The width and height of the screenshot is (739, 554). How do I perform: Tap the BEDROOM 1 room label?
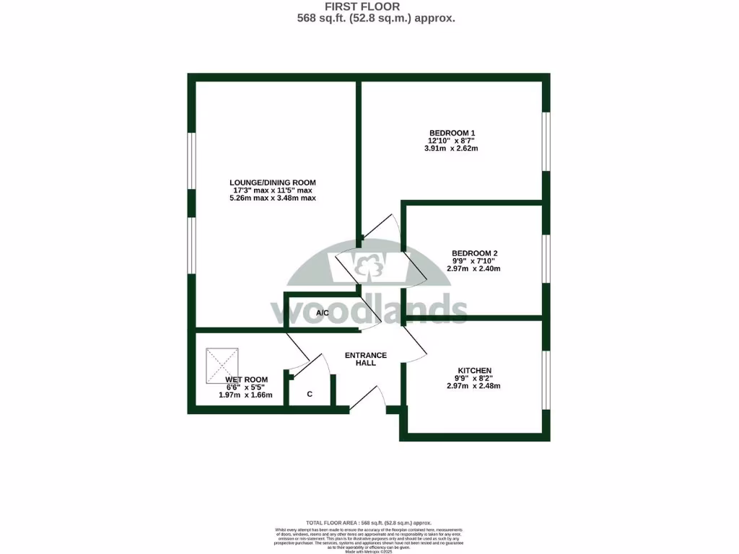452,133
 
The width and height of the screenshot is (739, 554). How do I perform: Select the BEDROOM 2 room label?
474,253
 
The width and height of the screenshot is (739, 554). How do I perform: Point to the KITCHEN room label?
473,371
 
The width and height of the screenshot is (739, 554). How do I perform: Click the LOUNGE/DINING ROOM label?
273,183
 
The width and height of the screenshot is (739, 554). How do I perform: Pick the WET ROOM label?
246,379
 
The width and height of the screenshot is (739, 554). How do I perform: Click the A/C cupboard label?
323,313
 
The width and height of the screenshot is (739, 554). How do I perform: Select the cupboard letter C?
310,395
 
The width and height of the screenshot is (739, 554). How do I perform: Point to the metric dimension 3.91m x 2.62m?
452,149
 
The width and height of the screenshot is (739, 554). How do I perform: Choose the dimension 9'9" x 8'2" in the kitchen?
473,378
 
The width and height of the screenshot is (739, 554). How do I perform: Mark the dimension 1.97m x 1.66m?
246,395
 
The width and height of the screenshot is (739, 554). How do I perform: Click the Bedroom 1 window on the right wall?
546,141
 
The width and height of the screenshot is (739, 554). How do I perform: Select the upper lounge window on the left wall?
191,161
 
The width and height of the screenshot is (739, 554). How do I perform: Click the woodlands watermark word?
369,309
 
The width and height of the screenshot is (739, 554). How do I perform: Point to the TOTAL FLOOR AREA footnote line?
369,522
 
